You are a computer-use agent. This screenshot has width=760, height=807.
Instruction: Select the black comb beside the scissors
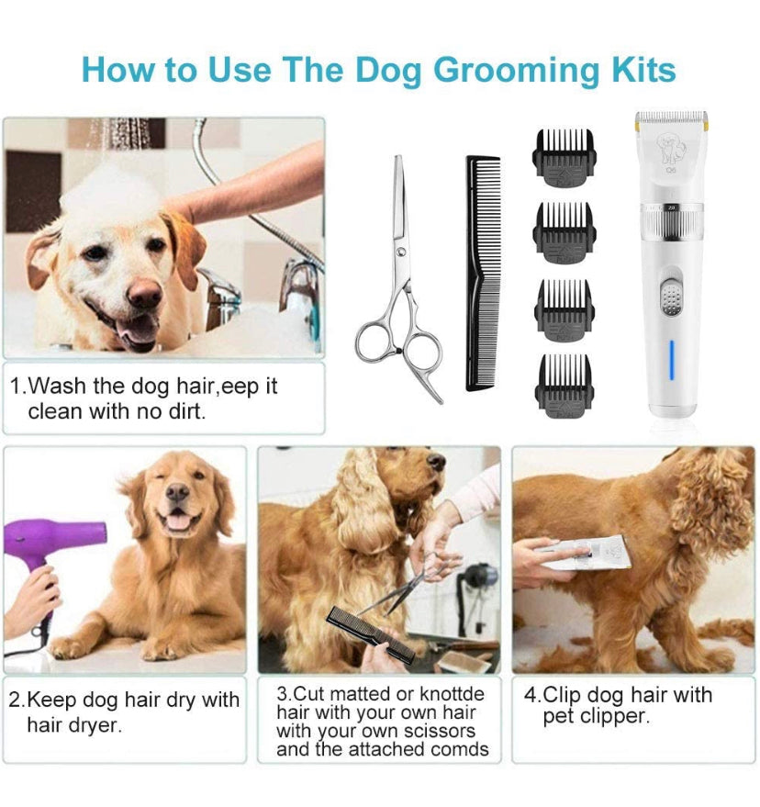[483, 273]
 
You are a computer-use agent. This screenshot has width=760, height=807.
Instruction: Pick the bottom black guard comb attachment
[564, 380]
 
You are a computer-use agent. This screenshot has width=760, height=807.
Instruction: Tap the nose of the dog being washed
[144, 295]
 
